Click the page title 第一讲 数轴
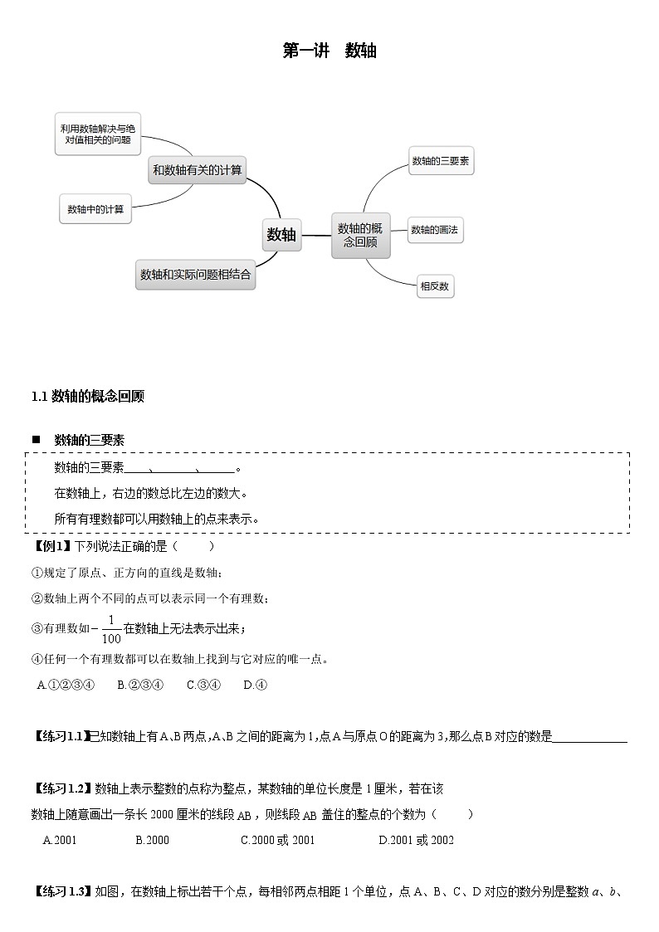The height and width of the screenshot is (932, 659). click(x=329, y=51)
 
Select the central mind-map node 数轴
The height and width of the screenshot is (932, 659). click(x=281, y=235)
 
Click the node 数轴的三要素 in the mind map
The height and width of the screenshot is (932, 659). click(x=440, y=161)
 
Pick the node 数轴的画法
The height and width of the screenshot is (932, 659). click(x=435, y=230)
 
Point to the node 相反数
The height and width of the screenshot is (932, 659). click(x=435, y=286)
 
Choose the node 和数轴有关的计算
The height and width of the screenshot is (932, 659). click(x=197, y=170)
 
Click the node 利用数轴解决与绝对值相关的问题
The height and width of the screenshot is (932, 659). click(x=98, y=134)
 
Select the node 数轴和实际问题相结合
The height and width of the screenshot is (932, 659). click(x=195, y=274)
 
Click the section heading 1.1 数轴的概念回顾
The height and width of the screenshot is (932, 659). click(x=88, y=397)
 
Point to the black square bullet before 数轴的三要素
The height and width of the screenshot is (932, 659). click(x=36, y=440)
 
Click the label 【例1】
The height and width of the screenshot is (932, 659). click(x=51, y=546)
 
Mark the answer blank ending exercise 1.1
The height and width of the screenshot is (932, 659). click(x=589, y=737)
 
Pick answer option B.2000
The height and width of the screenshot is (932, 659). click(x=152, y=840)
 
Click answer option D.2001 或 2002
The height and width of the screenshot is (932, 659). click(x=416, y=840)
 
